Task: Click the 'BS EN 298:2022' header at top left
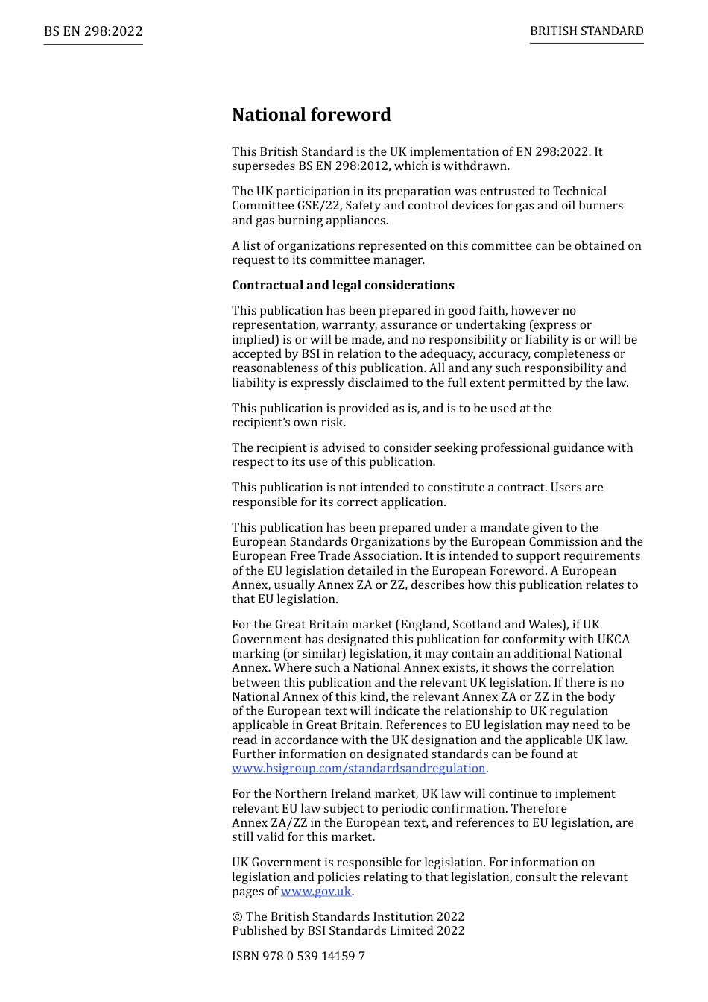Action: click(93, 31)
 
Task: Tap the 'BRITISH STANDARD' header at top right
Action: click(587, 31)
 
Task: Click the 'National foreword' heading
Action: click(311, 115)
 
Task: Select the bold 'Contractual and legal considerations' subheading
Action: click(343, 286)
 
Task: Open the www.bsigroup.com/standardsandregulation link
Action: click(358, 769)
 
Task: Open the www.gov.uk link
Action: click(316, 892)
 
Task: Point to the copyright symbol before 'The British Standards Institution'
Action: click(237, 917)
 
